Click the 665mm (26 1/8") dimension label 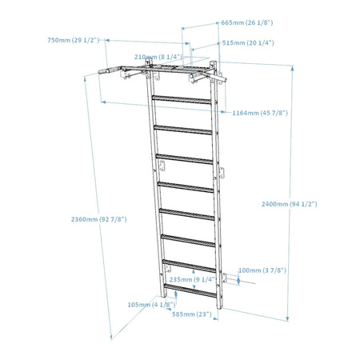[x=247, y=22]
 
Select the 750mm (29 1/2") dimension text [x=74, y=40]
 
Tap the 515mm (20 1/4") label [x=248, y=43]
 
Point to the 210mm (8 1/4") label [x=158, y=57]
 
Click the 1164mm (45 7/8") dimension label [x=260, y=113]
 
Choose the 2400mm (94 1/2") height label [x=290, y=204]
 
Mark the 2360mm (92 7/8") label [x=98, y=219]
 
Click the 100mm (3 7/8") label [x=262, y=270]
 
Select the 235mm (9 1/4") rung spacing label [x=192, y=279]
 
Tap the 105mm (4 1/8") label [x=151, y=305]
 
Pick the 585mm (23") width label [x=192, y=314]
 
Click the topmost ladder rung [x=182, y=99]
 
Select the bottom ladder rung [x=190, y=290]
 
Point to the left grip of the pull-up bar [x=106, y=70]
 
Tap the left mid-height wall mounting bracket [x=162, y=166]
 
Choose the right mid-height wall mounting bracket [x=222, y=173]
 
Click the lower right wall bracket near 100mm [x=223, y=278]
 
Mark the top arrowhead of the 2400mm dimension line [x=293, y=68]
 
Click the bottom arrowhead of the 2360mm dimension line [x=112, y=338]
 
